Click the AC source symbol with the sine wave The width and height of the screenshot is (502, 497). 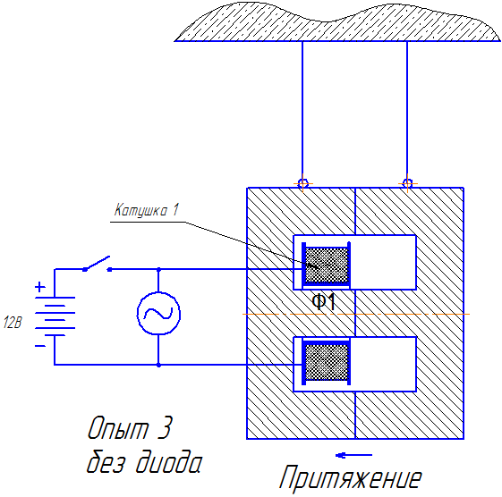[158, 315]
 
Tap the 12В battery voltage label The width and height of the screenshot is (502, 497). [13, 323]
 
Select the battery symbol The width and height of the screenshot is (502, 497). [55, 314]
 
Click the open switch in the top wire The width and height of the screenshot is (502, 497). [96, 265]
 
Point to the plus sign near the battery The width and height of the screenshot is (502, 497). [39, 288]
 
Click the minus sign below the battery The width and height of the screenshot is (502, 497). [39, 344]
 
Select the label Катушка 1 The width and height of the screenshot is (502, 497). [147, 211]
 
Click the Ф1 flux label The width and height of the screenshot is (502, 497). [323, 302]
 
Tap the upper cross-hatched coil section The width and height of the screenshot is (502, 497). [325, 263]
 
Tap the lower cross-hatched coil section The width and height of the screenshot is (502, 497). [325, 362]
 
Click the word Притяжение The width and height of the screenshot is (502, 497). [349, 477]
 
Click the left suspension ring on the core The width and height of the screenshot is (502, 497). [303, 183]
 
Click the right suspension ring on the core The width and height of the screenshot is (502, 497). [408, 183]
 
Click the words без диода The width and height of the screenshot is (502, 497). [143, 463]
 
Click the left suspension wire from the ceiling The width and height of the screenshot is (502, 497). [303, 107]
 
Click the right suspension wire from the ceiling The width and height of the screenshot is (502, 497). [408, 107]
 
